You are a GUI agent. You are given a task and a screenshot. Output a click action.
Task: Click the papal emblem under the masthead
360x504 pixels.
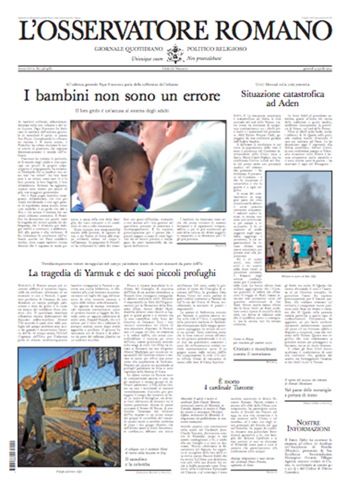coord(175,52)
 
